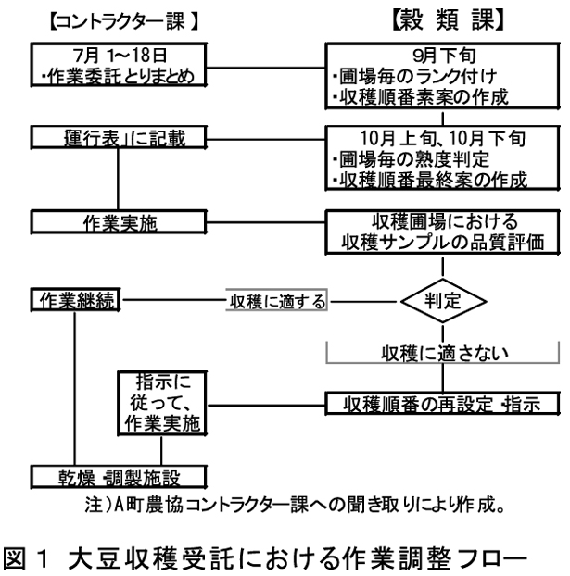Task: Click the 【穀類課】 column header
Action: pos(441,19)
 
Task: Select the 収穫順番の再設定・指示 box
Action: pos(440,403)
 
